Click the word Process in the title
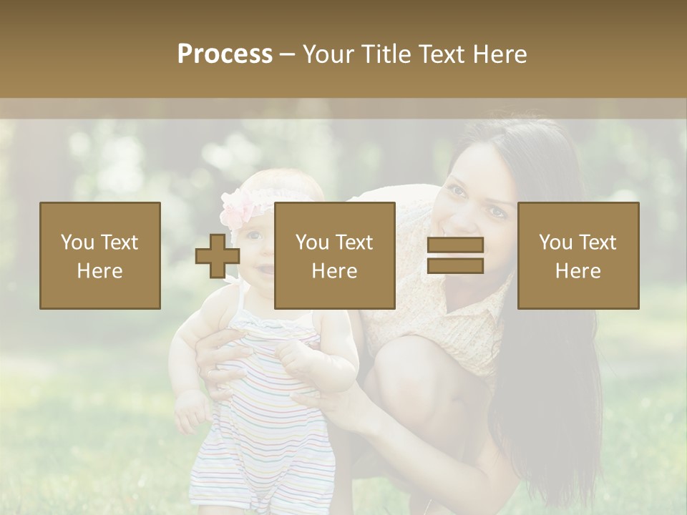[x=225, y=54]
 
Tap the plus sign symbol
[x=218, y=255]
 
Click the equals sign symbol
[x=455, y=255]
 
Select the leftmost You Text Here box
[x=100, y=255]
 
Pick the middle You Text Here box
[x=334, y=255]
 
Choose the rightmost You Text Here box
[x=578, y=255]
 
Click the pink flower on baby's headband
[x=239, y=208]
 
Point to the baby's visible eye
[x=253, y=235]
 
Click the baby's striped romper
[x=265, y=415]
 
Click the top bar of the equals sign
[x=455, y=245]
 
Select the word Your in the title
[x=328, y=54]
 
